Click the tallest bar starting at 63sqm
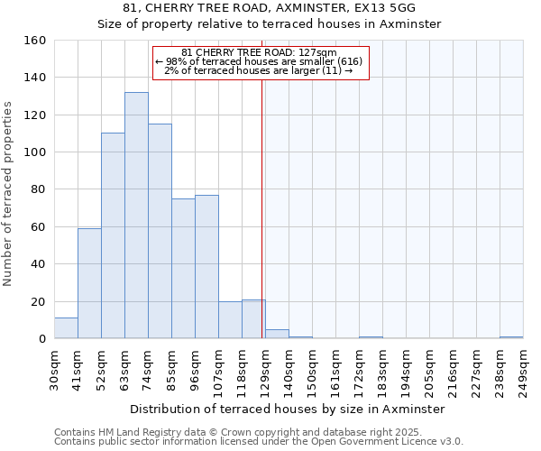click(x=136, y=216)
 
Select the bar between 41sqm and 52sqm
click(x=89, y=284)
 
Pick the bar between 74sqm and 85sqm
click(x=160, y=231)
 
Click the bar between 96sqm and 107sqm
click(x=206, y=267)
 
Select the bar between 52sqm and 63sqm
click(x=113, y=236)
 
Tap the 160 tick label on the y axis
click(x=35, y=41)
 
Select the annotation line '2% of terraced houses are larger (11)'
click(x=259, y=70)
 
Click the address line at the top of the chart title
click(x=269, y=8)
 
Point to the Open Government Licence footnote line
click(x=259, y=442)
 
